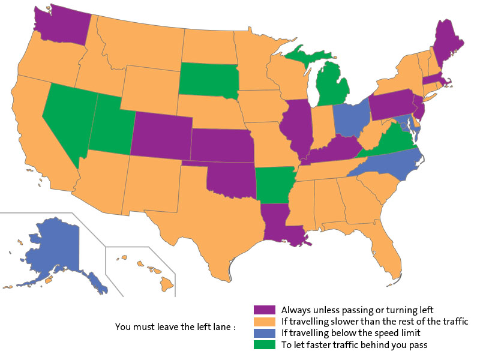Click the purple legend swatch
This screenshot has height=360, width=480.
265,310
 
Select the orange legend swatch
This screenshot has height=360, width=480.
265,322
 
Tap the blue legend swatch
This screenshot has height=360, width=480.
265,333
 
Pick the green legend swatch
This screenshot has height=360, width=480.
265,344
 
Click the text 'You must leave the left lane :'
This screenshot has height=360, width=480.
175,328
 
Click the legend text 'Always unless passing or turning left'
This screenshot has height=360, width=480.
357,310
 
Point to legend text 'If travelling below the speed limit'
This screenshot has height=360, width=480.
351,333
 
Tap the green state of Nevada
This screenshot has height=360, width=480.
63,117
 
